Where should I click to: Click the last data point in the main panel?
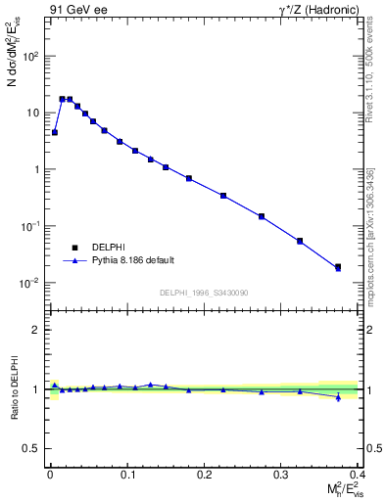[338, 266]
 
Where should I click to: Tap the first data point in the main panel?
[55, 132]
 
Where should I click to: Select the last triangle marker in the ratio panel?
[338, 396]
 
